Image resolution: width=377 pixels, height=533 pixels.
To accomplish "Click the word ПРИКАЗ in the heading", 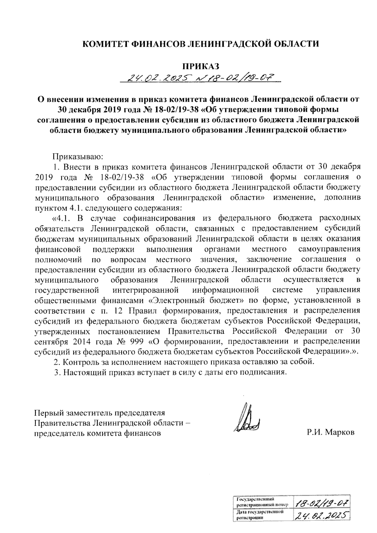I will click(x=200, y=66).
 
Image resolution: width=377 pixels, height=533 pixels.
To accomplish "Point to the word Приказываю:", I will click(x=76, y=156).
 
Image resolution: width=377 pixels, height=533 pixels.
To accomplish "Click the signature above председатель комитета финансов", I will click(x=248, y=419).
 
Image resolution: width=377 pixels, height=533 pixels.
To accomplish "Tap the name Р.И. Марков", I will click(x=331, y=432).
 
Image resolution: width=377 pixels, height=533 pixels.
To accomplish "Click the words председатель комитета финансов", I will click(x=98, y=433).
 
